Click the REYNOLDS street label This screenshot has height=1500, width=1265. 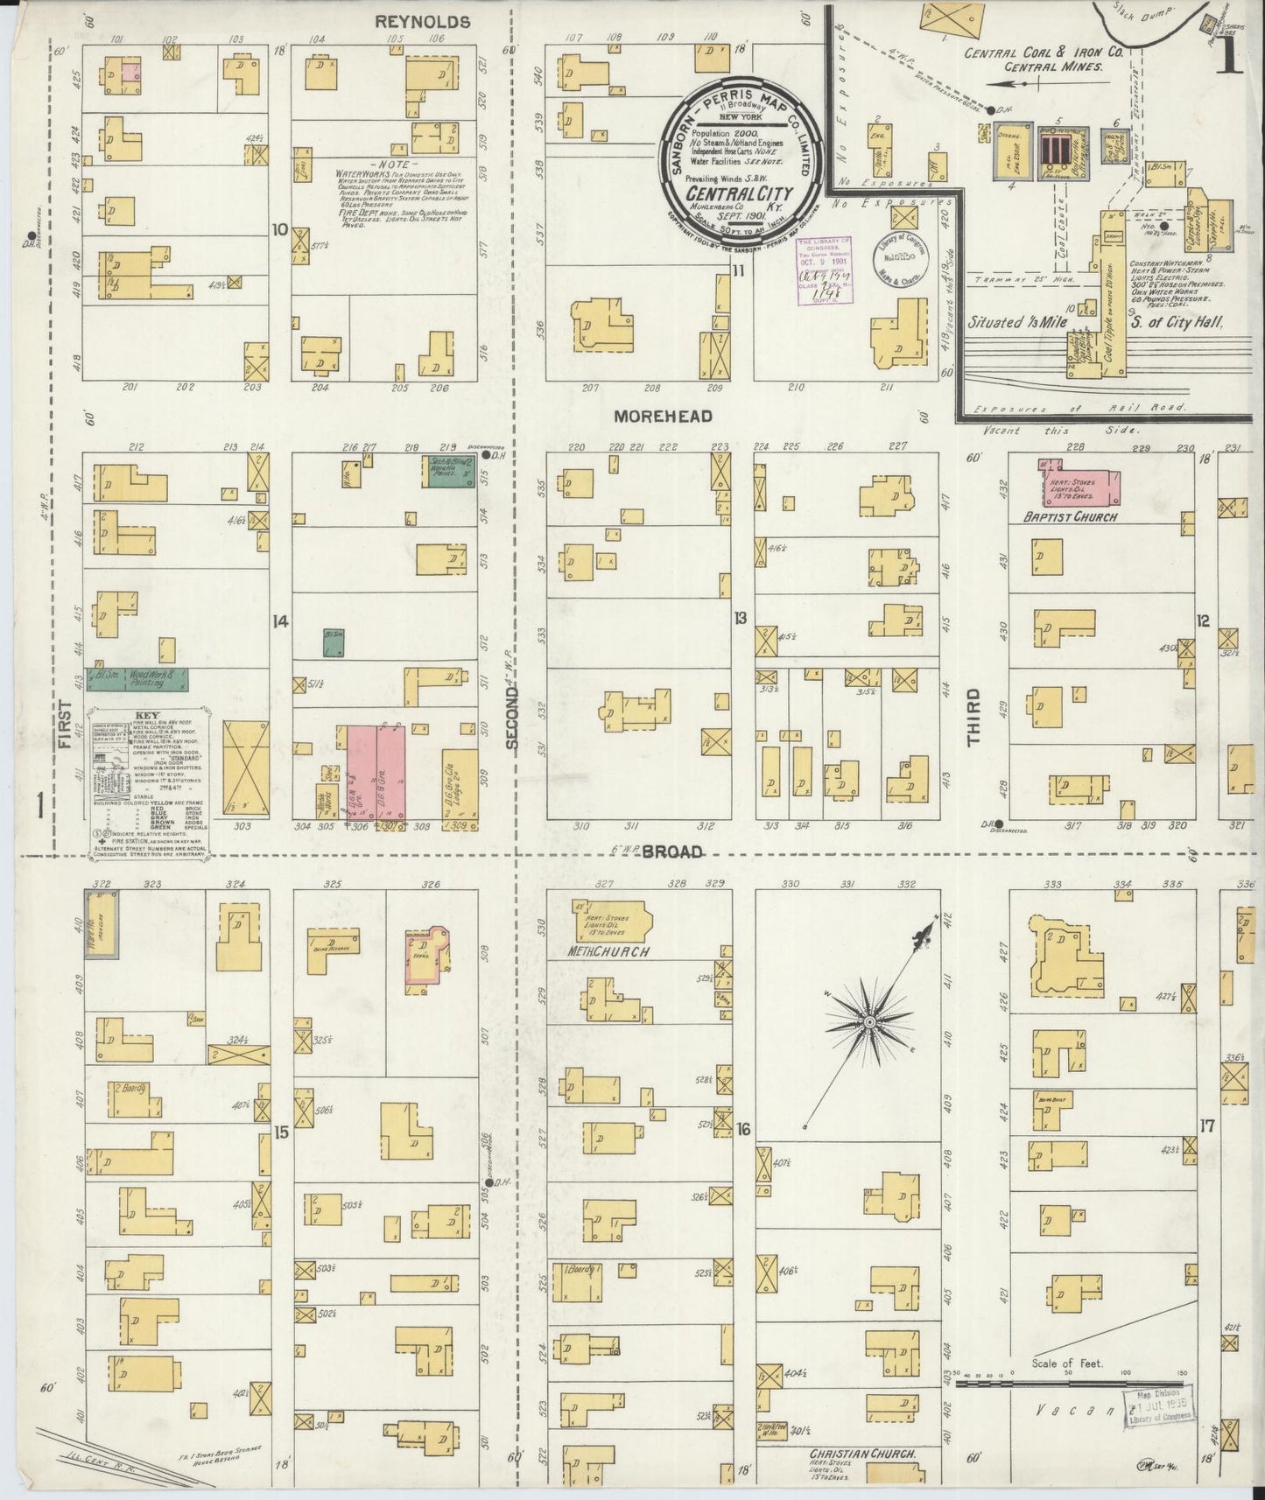pos(423,22)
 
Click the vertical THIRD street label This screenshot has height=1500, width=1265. pos(973,717)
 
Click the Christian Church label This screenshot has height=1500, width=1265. pos(862,1453)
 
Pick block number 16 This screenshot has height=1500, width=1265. pos(743,1129)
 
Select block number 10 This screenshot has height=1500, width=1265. pos(280,230)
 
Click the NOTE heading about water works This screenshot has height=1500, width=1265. pos(387,165)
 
